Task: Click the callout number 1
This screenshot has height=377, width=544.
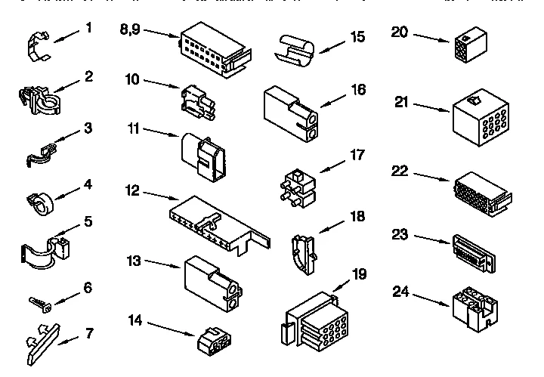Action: pos(89,29)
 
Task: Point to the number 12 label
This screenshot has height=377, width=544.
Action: pos(132,191)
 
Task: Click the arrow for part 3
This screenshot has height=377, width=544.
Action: pos(66,138)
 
